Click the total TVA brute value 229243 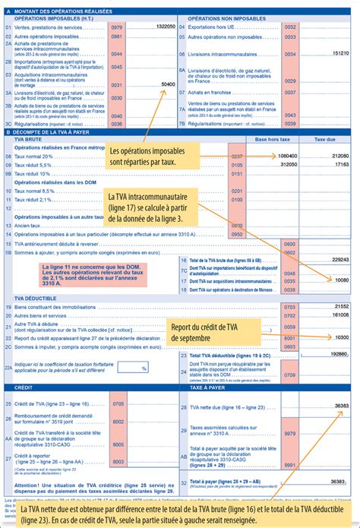(x=336, y=259)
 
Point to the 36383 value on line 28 (x=339, y=406)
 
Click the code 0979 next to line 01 (x=116, y=26)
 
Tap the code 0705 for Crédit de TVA (x=118, y=403)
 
